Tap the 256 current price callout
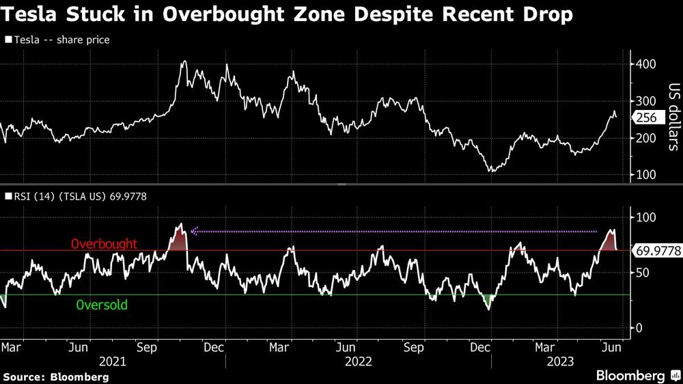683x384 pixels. [x=646, y=118]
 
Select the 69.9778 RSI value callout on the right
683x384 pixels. [x=658, y=251]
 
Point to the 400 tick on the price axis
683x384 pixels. [x=645, y=64]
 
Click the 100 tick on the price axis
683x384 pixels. [x=645, y=175]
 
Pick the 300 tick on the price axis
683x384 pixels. [x=645, y=101]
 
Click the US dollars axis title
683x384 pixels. [x=673, y=117]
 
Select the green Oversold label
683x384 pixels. [x=102, y=305]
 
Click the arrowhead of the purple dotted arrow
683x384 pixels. [x=194, y=232]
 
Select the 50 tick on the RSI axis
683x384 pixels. [x=643, y=273]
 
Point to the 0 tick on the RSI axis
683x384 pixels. [x=639, y=328]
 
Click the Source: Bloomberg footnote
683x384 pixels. [x=56, y=376]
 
